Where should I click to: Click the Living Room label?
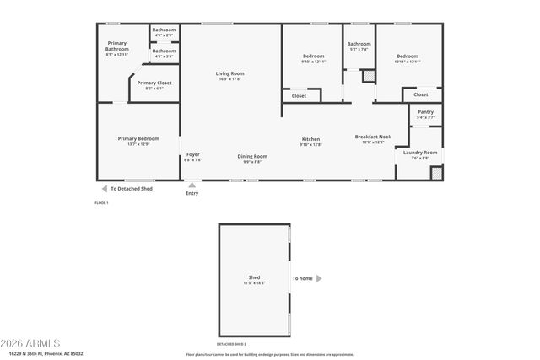[229, 74]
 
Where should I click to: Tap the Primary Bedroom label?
[138, 138]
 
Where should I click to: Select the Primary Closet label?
[153, 83]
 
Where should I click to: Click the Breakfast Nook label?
[373, 137]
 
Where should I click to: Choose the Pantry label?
[425, 112]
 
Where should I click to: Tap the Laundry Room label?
[419, 152]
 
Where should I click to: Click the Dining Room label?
[253, 156]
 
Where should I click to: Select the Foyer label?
[193, 155]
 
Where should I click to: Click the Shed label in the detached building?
[254, 277]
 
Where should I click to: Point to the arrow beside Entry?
[192, 185]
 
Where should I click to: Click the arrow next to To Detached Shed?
[105, 189]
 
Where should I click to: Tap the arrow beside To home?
[320, 278]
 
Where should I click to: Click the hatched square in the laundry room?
[436, 173]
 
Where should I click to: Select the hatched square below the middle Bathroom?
[367, 75]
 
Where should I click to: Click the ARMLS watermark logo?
[31, 343]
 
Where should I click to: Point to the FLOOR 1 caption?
[102, 202]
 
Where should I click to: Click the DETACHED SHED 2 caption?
[232, 345]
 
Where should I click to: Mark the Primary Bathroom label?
[117, 46]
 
